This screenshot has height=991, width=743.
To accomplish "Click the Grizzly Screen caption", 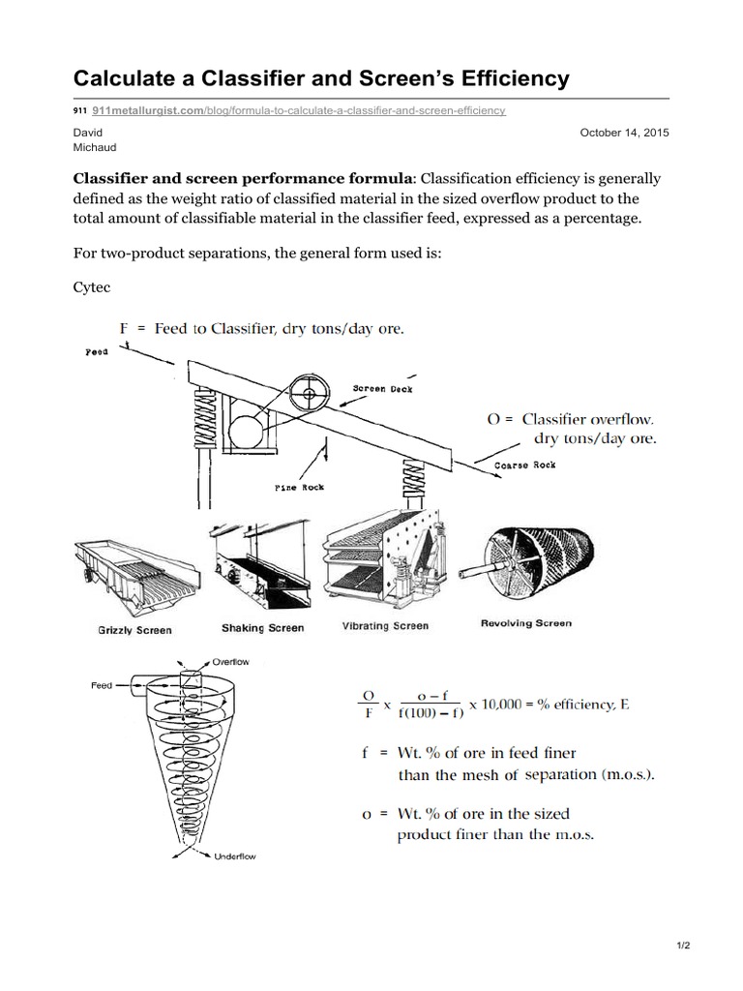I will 134,630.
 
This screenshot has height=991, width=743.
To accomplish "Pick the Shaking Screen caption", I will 263,628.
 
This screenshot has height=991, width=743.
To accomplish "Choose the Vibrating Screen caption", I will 385,626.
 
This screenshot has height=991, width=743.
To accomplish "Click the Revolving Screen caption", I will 525,623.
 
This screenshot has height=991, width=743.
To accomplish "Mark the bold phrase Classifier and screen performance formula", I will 243,179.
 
